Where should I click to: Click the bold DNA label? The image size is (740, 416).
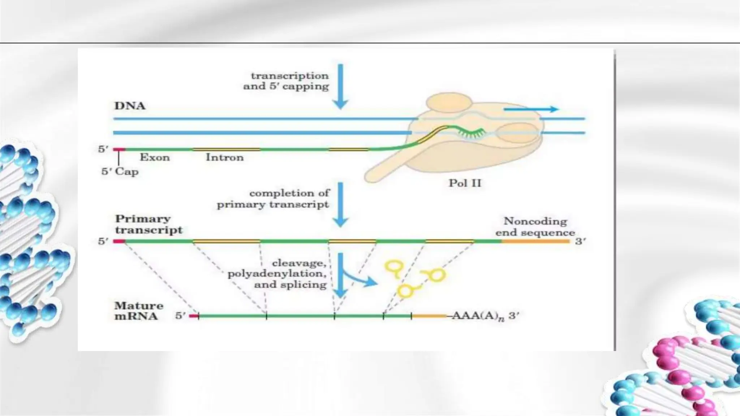coord(130,106)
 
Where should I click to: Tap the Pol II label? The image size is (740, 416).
coord(465,183)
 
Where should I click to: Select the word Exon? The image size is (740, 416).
coord(155,157)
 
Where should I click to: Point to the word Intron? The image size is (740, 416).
coord(224,157)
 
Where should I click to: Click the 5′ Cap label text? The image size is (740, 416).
coord(120,171)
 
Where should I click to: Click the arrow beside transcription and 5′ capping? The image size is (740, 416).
coord(340,87)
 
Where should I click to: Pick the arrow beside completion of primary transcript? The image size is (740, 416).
coord(340,204)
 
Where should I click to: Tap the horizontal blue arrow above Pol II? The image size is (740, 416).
coord(531,109)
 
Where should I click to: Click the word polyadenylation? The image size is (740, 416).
coord(277,274)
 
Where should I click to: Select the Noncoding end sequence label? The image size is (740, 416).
coord(535,226)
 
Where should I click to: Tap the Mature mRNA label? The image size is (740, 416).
coord(138,311)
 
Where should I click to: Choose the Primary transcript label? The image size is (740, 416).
coord(149,224)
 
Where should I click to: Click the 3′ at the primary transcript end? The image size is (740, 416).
coord(580,241)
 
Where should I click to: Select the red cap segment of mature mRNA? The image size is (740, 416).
coord(194,316)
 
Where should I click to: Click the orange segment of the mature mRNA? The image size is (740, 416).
coord(429,316)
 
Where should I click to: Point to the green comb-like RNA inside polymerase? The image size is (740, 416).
coord(472,133)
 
